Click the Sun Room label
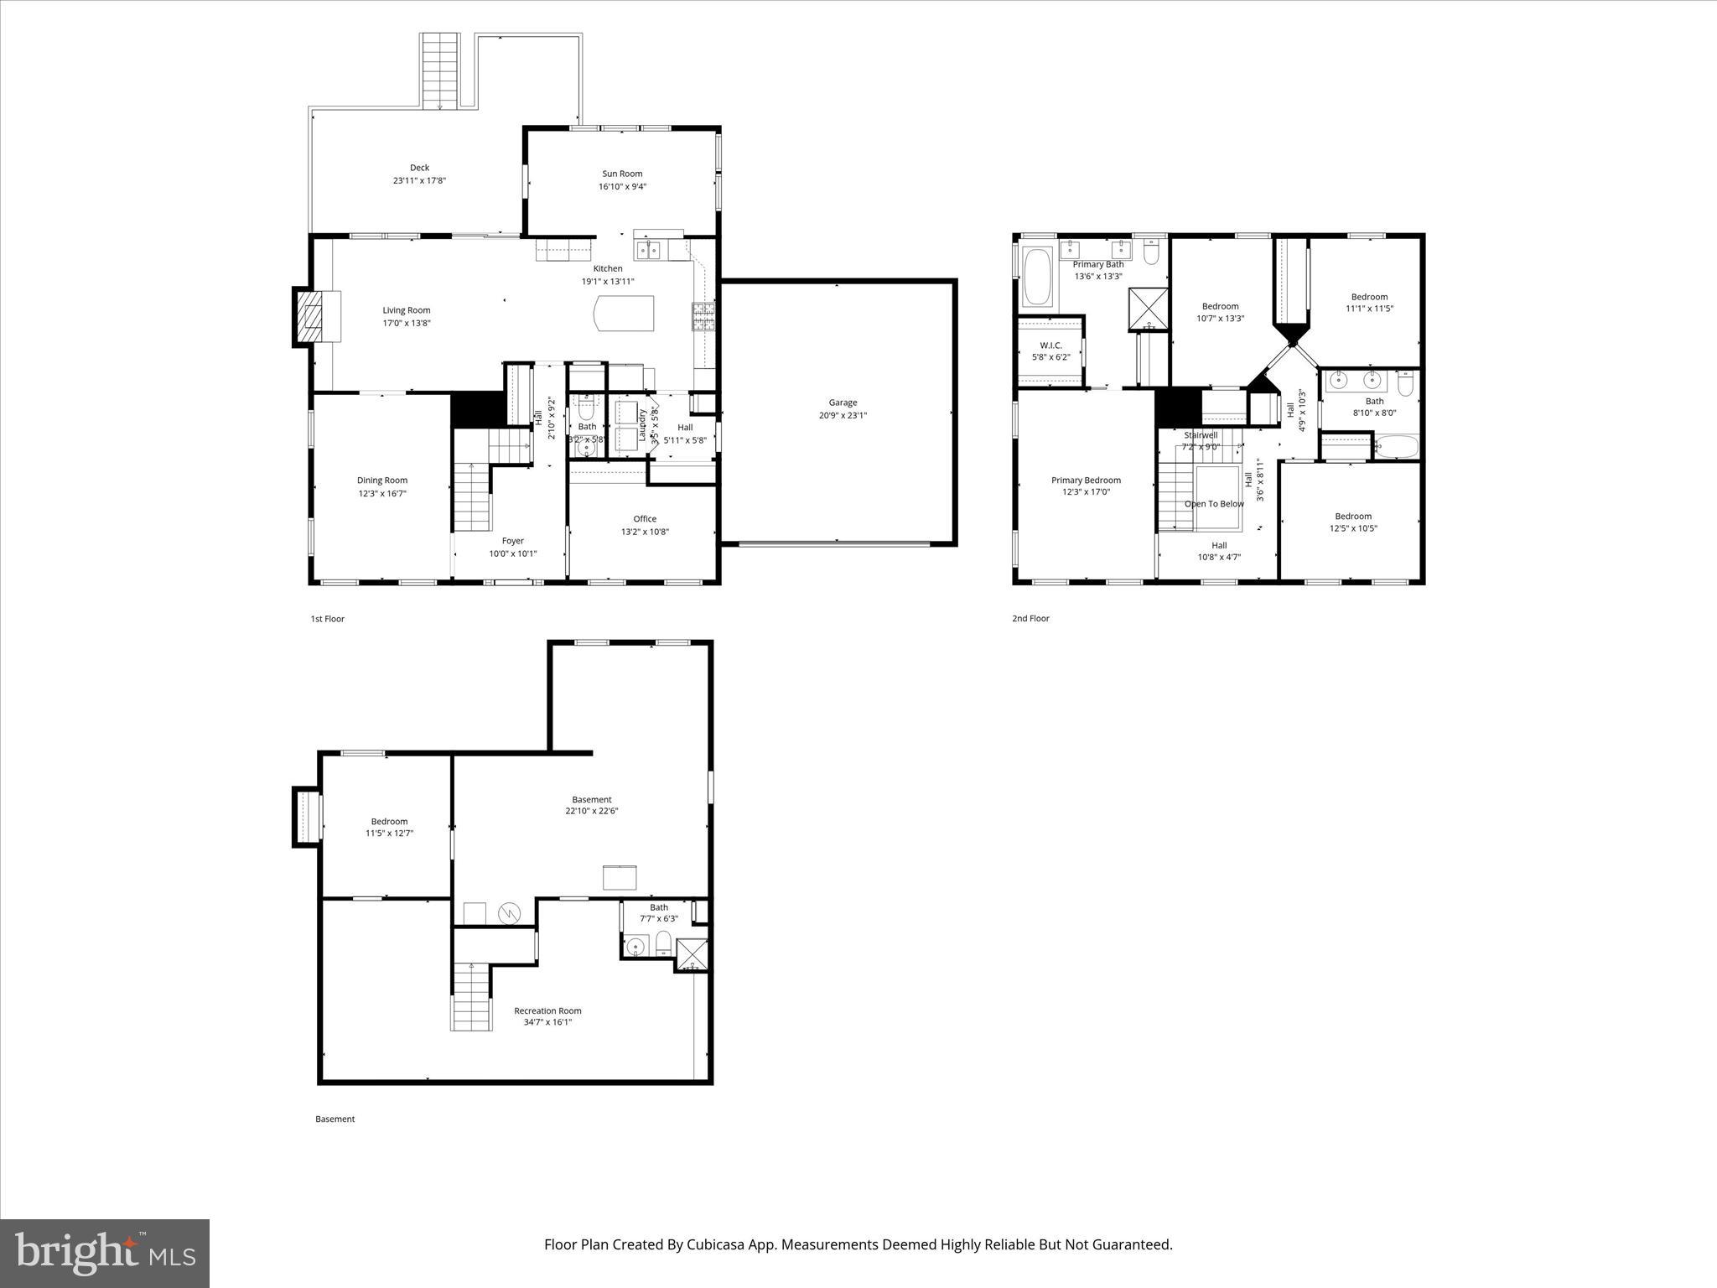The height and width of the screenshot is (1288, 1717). (622, 174)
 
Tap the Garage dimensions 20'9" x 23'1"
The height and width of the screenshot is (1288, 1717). (843, 415)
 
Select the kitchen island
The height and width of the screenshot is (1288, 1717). (623, 314)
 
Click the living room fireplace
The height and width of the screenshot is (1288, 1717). (314, 316)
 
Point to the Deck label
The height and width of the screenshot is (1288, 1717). (419, 168)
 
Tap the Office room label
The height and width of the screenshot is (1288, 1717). (645, 518)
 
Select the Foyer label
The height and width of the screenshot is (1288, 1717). (513, 541)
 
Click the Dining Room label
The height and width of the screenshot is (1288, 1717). (382, 480)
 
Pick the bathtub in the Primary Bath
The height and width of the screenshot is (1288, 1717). (1037, 277)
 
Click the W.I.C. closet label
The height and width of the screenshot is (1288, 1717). (1050, 345)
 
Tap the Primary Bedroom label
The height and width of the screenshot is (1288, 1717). (1086, 480)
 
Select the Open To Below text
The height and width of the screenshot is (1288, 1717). (1214, 504)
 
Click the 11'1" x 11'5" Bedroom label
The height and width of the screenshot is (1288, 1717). (1369, 297)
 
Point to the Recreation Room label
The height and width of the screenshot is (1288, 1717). (547, 1010)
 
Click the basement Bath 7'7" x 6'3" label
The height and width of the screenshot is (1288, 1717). (659, 907)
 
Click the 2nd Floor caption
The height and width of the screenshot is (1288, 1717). (1030, 619)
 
